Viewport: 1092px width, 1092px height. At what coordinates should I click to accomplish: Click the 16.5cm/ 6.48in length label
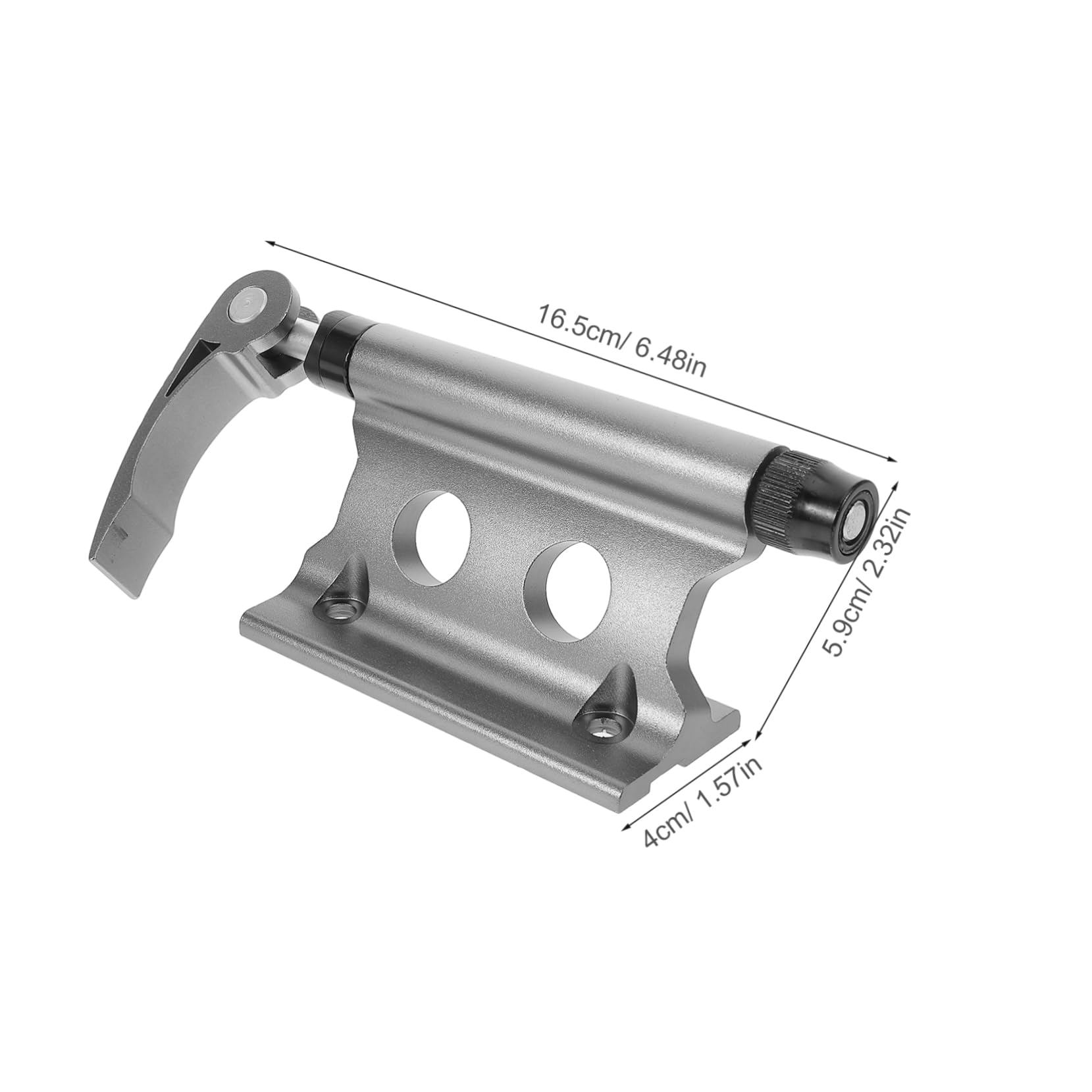point(622,340)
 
